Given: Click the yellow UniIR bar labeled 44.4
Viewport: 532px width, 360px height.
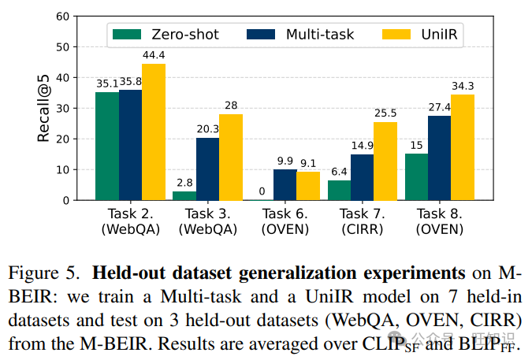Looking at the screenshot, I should [x=154, y=132].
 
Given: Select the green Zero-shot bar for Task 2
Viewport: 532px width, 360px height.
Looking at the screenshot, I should [x=107, y=147].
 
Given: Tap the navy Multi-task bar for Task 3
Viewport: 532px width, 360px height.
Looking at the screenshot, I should [x=207, y=169].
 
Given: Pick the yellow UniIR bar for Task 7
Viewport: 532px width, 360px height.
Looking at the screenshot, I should [x=385, y=161].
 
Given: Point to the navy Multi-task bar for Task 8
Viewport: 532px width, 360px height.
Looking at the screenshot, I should [x=439, y=158].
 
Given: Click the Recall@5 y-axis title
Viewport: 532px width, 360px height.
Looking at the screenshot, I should [x=44, y=108].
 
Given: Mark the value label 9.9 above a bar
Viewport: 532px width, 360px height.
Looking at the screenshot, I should [x=285, y=161].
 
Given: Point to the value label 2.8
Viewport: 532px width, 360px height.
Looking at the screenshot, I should [x=184, y=184].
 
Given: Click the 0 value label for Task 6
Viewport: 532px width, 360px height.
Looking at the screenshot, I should [x=262, y=192].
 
